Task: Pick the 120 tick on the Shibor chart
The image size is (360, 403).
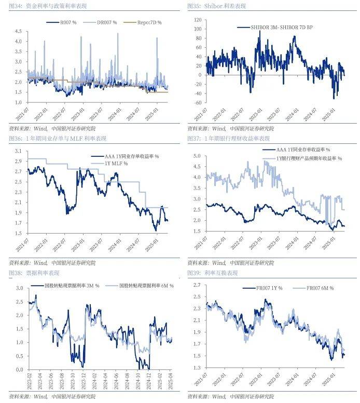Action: (x=197, y=20)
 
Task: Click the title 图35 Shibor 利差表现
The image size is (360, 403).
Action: (x=216, y=6)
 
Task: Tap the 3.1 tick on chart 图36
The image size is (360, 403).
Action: (x=18, y=151)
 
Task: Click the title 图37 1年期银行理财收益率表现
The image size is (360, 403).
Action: (x=229, y=139)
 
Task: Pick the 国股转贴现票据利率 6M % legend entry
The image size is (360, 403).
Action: (x=146, y=286)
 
